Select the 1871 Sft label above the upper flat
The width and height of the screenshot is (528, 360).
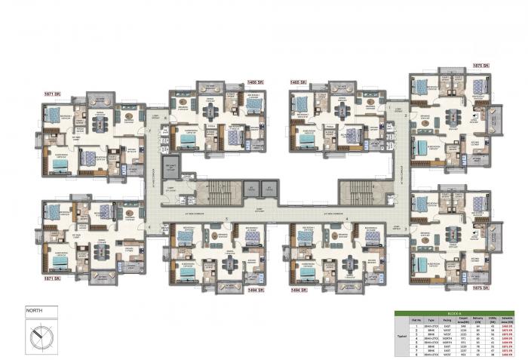tap(52, 94)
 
